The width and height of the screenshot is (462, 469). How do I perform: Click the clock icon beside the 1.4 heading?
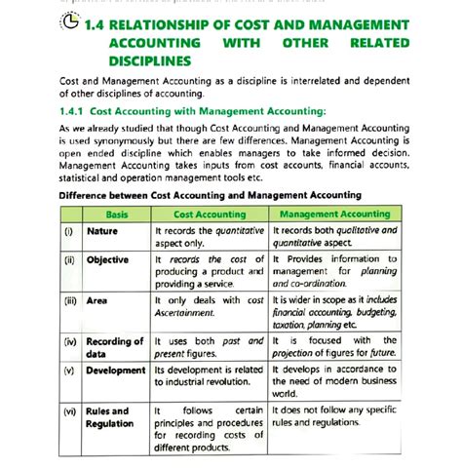pos(69,23)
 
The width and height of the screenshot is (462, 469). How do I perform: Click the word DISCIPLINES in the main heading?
pos(151,60)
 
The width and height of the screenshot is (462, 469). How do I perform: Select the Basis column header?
pos(117,214)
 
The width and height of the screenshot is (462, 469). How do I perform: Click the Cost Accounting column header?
pos(210,214)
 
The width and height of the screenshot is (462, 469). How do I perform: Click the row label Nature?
pos(102,231)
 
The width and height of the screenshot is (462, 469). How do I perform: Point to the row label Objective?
pos(107,260)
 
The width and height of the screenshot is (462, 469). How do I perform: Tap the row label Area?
pos(96,301)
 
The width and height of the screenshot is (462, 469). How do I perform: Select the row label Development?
pos(116,371)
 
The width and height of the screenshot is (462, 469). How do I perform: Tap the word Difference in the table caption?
pos(89,195)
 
